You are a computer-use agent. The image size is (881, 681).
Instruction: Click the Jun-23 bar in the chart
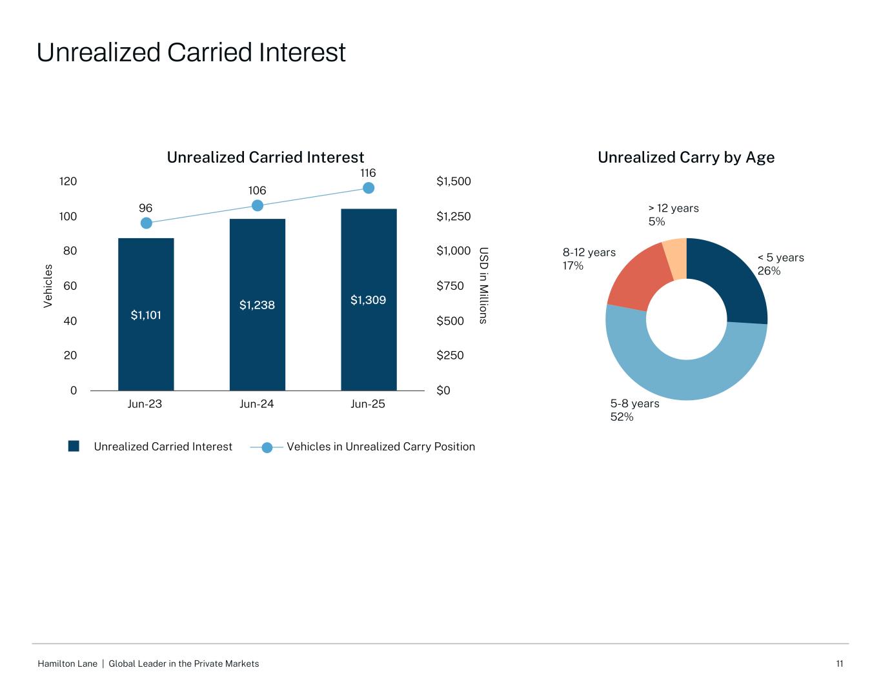click(146, 314)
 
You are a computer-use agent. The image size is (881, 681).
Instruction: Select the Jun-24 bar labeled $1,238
click(257, 305)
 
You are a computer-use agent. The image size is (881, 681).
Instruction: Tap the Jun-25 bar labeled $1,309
click(369, 300)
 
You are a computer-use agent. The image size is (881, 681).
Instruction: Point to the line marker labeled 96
click(146, 223)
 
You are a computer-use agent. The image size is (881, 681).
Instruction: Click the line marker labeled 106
click(257, 205)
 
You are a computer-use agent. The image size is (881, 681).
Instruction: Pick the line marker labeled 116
click(369, 188)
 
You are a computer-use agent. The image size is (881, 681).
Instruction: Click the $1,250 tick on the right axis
click(454, 216)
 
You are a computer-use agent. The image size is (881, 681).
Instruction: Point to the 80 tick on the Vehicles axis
click(69, 251)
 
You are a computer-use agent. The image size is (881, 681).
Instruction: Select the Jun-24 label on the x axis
click(256, 404)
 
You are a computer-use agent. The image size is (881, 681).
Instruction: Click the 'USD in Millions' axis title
click(483, 285)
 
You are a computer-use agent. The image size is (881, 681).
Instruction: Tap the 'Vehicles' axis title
click(48, 286)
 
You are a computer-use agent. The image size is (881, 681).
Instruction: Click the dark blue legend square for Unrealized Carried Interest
click(74, 446)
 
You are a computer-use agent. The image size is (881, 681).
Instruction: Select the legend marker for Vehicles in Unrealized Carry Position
click(267, 447)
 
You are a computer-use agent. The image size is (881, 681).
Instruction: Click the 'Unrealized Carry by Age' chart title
click(685, 158)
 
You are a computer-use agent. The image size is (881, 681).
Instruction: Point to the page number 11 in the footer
click(840, 664)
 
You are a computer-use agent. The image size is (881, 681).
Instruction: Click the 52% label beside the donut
click(622, 417)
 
